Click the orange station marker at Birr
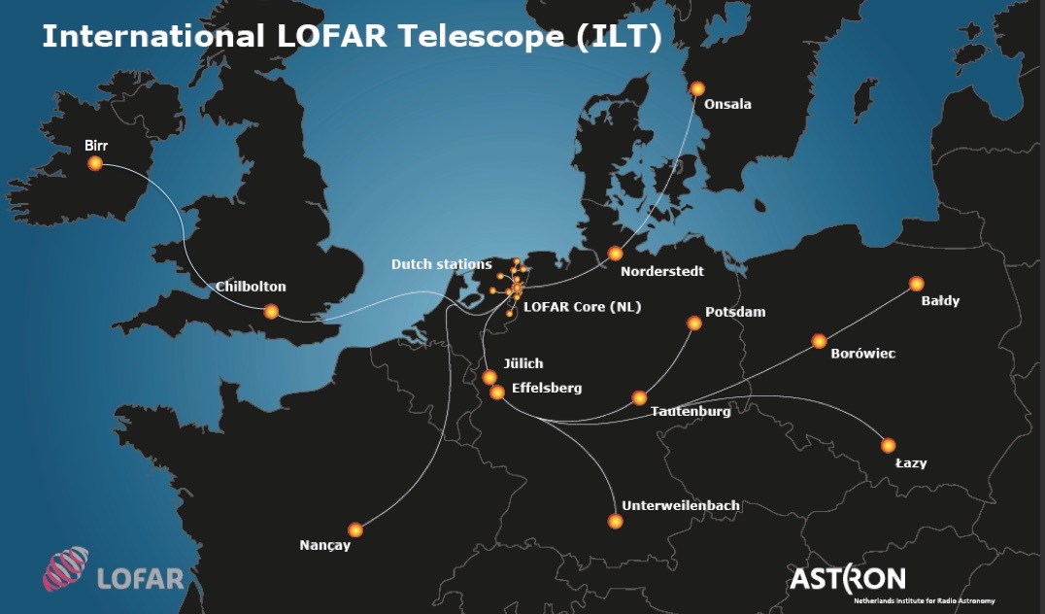pos(95,163)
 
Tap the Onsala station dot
pos(697,88)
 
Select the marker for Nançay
pos(355,529)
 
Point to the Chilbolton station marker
pos(271,311)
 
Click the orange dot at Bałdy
pos(916,284)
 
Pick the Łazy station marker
pos(888,445)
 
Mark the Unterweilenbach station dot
pos(615,522)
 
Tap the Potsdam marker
pos(694,323)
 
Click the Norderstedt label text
pos(661,271)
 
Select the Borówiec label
pos(862,354)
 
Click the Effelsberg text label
pos(546,388)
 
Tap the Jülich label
pos(522,364)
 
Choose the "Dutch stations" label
pos(441,264)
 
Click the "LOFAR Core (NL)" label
pos(582,306)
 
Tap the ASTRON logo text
pos(847,578)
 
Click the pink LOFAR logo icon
pos(65,569)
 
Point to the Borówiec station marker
pos(819,341)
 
